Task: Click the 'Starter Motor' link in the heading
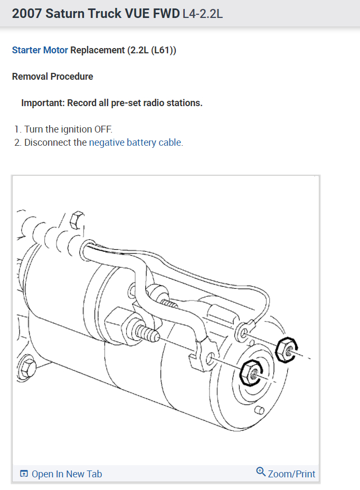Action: tap(40, 51)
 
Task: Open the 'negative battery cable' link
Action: tap(135, 143)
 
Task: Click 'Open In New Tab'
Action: tap(67, 474)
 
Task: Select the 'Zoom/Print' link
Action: tap(291, 474)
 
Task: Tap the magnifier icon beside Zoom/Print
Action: tap(260, 472)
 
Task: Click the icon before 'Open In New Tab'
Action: tap(24, 474)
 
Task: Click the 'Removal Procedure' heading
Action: tap(52, 77)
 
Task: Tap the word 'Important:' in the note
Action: tap(43, 103)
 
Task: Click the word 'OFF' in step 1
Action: tap(103, 129)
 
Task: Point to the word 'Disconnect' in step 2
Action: tap(55, 143)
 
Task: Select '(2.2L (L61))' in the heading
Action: tap(151, 51)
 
